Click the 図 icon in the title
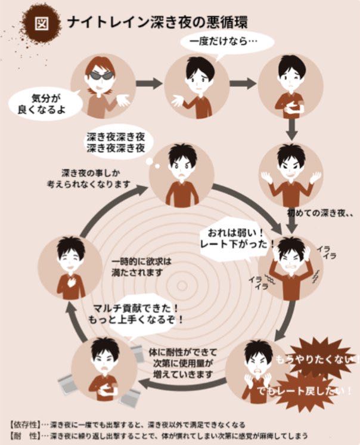click(x=42, y=23)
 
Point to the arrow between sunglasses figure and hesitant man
click(x=148, y=83)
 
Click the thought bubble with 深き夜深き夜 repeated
click(x=116, y=143)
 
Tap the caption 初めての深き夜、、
click(x=321, y=212)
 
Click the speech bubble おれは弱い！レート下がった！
click(x=237, y=239)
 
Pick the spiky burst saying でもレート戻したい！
click(x=305, y=392)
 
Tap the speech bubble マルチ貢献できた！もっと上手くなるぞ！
click(x=135, y=314)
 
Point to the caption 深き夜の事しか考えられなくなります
click(x=88, y=178)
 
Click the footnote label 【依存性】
click(x=23, y=425)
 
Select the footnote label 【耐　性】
click(x=23, y=435)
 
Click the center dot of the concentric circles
click(x=182, y=286)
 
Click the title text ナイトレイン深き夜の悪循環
click(x=157, y=23)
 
